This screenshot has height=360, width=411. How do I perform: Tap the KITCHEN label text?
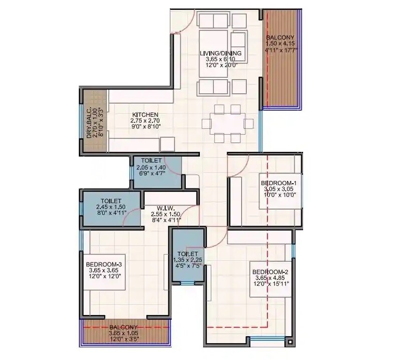(x=145, y=115)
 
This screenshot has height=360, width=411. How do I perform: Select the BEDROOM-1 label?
(x=279, y=183)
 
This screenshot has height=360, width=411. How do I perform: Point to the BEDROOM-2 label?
(x=270, y=272)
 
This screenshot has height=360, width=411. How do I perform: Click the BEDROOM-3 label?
(x=104, y=264)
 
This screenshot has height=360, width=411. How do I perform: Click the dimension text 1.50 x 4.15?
(x=280, y=44)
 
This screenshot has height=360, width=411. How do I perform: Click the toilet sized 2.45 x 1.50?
(x=111, y=207)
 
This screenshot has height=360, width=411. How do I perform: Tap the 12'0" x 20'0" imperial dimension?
(x=221, y=66)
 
